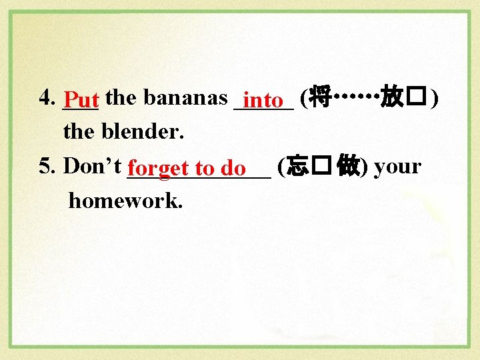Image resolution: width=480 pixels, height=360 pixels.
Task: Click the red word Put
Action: [x=82, y=101]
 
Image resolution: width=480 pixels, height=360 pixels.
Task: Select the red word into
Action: [x=264, y=101]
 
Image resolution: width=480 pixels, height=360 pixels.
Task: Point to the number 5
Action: [x=45, y=166]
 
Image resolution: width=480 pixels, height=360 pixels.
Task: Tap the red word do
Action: [x=233, y=169]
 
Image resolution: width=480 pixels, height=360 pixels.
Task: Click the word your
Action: [x=397, y=166]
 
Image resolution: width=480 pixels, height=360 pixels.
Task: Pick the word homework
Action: [x=125, y=200]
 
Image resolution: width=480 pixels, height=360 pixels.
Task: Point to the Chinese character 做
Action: [x=348, y=167]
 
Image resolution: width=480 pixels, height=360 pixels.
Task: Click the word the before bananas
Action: [x=121, y=98]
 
